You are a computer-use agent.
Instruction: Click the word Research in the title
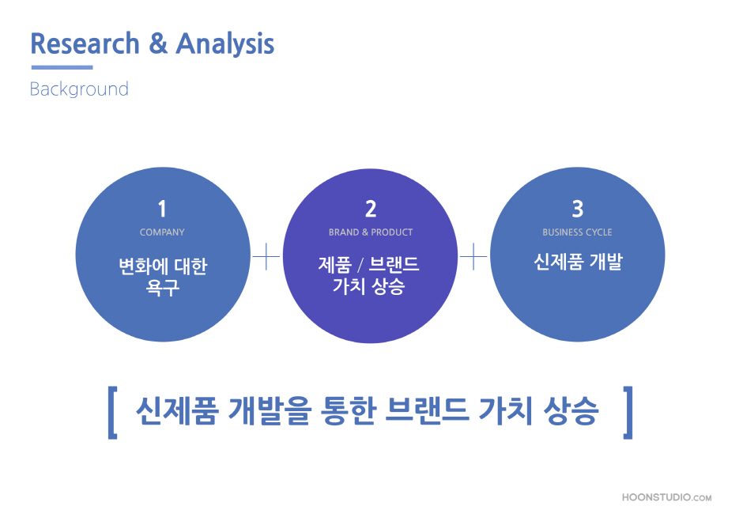(85, 43)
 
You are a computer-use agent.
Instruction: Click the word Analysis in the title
(225, 44)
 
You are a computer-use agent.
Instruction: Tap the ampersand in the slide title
(158, 43)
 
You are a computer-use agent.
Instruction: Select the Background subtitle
(79, 89)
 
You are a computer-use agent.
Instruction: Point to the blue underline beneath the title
(62, 67)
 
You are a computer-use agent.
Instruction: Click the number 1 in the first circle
(162, 209)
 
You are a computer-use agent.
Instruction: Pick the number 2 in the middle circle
(371, 209)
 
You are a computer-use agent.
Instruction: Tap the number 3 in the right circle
(578, 209)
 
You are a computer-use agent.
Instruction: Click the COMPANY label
(162, 232)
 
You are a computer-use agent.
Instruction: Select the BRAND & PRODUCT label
(371, 232)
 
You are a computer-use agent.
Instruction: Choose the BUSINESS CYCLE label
(577, 232)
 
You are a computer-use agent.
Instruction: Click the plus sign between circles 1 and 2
(266, 257)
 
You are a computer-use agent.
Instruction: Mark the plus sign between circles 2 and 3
(473, 257)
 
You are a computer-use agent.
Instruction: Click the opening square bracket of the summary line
(112, 413)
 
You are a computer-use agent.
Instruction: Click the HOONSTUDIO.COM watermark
(666, 497)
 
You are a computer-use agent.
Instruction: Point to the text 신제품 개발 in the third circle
(578, 262)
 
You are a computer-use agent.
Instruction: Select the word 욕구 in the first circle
(163, 287)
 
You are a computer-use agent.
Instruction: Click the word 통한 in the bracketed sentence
(349, 410)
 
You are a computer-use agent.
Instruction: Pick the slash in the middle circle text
(360, 265)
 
